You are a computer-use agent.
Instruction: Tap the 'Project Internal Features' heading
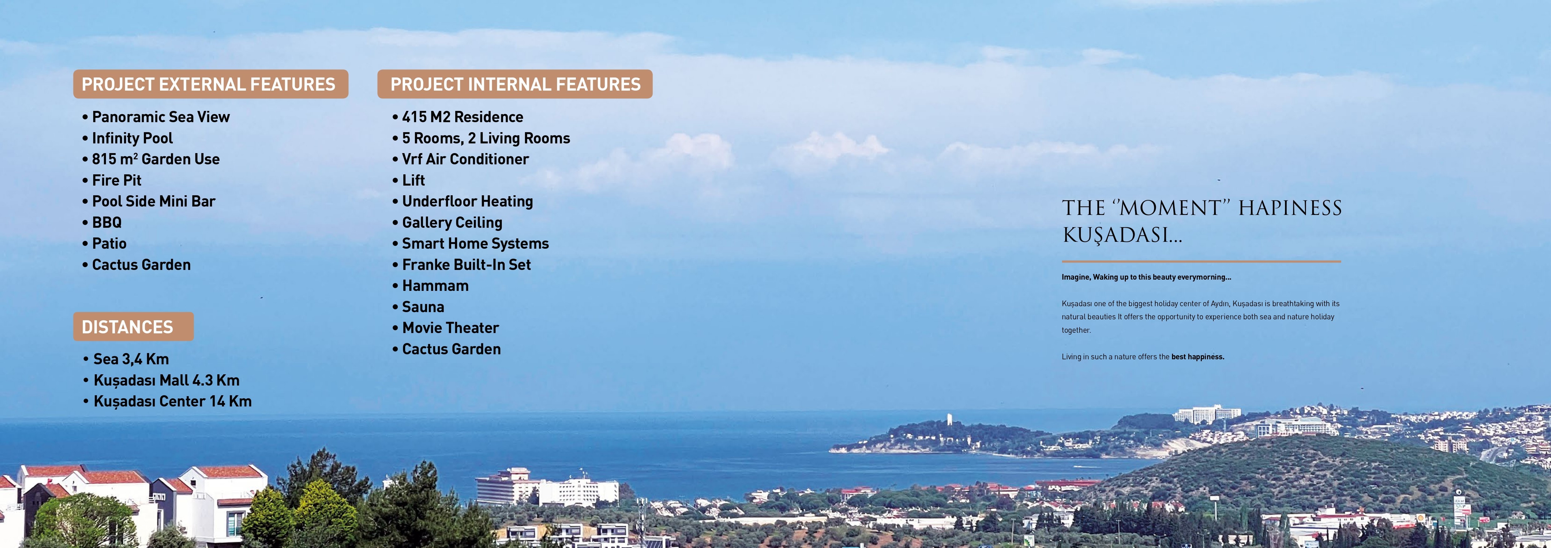coord(515,84)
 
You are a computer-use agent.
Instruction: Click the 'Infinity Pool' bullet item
coord(128,138)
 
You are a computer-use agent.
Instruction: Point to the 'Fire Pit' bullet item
coord(112,181)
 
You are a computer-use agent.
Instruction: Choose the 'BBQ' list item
coord(102,222)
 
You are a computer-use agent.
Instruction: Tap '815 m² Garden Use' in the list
coord(151,159)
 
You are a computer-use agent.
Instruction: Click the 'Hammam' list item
coord(431,286)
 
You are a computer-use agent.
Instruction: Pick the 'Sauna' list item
coord(418,307)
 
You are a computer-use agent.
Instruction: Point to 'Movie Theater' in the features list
coord(446,328)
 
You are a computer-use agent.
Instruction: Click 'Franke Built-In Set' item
coord(462,265)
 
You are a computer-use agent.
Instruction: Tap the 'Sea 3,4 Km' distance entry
coord(126,359)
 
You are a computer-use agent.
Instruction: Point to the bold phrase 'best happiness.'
coord(1198,357)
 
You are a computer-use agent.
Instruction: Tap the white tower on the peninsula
coord(949,419)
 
